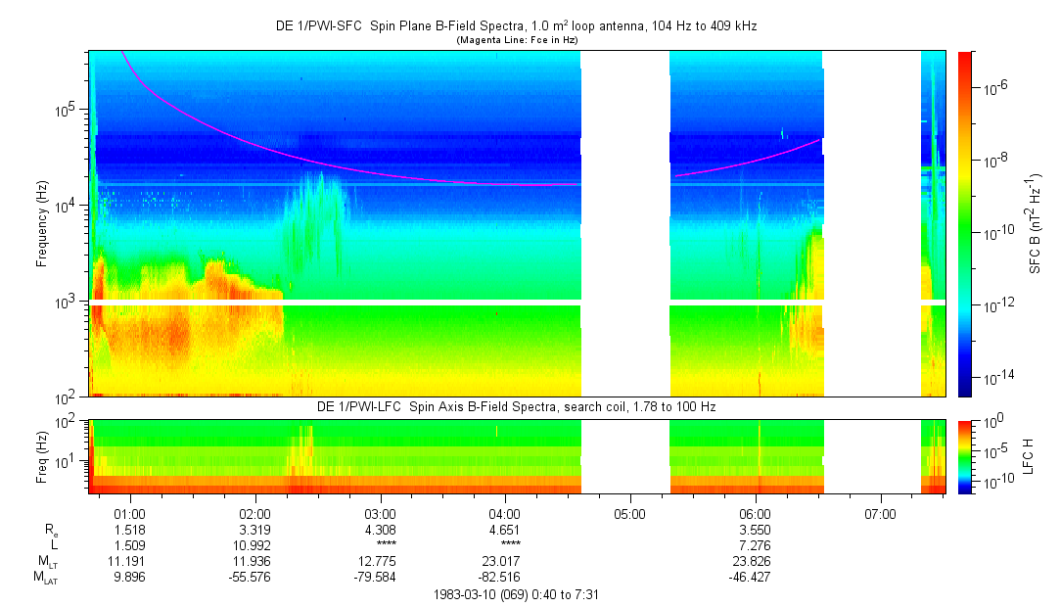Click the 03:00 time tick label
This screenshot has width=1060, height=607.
click(380, 513)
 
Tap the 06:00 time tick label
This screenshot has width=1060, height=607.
click(755, 513)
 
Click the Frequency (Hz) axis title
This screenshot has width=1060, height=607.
click(42, 223)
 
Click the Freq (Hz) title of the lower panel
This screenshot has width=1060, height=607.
click(42, 455)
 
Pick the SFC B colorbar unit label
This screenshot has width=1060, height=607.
click(1035, 223)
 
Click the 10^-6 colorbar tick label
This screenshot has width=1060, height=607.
click(994, 87)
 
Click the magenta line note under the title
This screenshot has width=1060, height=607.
click(517, 40)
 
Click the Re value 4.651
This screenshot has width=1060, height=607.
click(504, 530)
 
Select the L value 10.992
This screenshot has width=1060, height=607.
click(254, 545)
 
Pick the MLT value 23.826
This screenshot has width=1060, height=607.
click(755, 561)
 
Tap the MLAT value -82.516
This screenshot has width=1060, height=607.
click(504, 577)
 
